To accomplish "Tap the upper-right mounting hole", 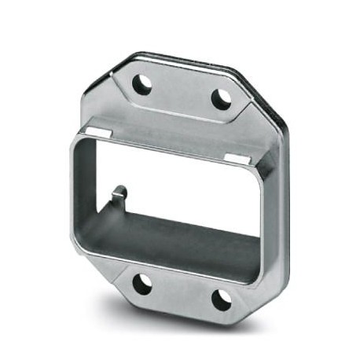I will pos(222,98).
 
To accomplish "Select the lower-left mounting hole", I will pos(141,285).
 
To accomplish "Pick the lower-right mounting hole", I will pos(222,299).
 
